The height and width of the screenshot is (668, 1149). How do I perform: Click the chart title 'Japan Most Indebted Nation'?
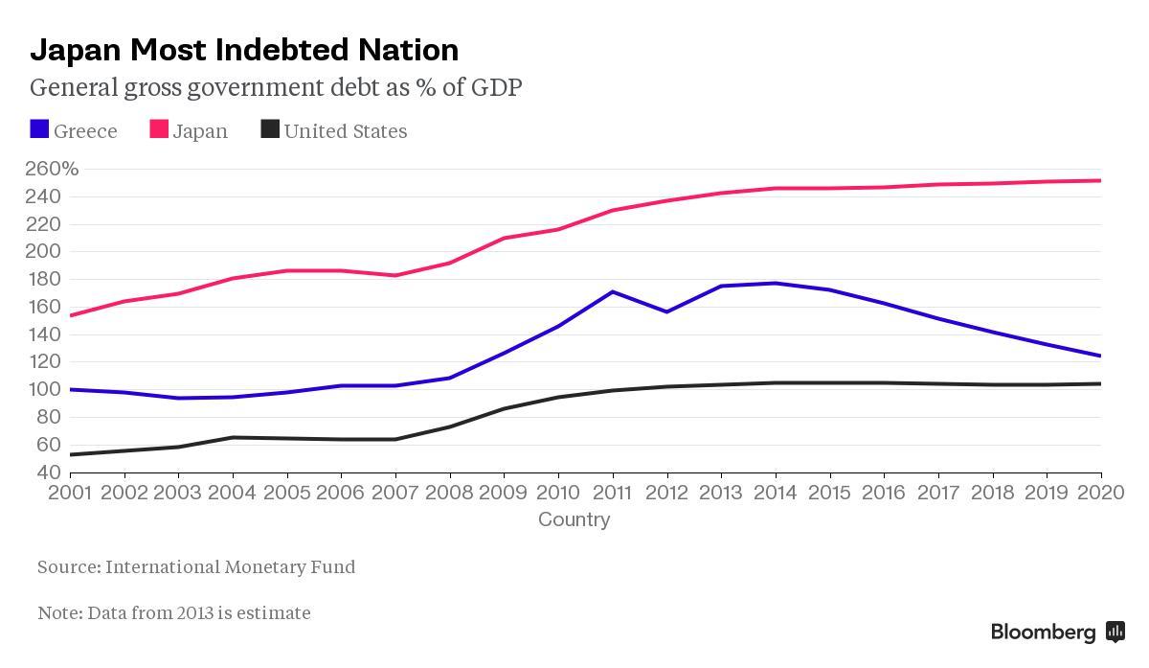[244, 49]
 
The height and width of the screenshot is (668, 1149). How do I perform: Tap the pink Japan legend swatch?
[159, 129]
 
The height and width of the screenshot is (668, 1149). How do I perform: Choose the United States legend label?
[345, 131]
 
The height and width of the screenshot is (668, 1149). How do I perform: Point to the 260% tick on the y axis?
[52, 170]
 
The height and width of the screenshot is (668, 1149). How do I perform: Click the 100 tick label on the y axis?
[46, 389]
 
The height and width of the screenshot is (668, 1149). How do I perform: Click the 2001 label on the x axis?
[69, 494]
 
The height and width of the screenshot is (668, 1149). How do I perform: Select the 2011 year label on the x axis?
[612, 494]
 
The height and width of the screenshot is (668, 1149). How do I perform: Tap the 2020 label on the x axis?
[1101, 494]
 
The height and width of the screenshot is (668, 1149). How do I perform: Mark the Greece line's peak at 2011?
[612, 291]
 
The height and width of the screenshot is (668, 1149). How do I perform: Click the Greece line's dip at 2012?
[666, 311]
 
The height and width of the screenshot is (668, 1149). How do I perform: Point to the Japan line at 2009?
[504, 238]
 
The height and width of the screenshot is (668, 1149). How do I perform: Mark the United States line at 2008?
[449, 426]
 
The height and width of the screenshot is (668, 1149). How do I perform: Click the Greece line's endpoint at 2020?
[1100, 356]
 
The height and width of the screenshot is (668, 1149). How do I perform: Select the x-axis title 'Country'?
[574, 519]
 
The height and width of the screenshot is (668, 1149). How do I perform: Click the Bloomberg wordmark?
[1043, 633]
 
